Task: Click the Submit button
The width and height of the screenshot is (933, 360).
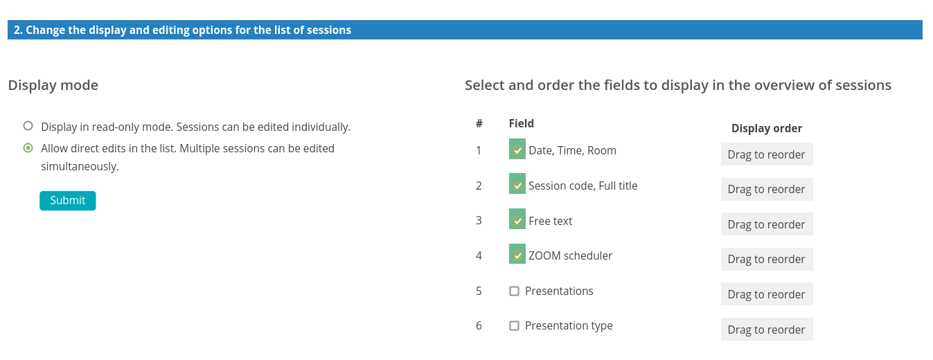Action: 67,201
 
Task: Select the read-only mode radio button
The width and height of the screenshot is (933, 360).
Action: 28,126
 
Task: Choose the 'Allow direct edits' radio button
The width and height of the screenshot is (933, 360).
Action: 28,147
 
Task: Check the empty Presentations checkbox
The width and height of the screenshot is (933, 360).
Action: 515,291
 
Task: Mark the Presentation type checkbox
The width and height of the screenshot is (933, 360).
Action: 515,325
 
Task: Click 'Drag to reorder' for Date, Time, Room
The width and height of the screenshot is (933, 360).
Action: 767,154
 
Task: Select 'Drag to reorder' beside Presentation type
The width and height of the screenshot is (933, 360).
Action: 767,330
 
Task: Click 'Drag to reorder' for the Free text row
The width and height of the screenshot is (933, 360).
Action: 767,224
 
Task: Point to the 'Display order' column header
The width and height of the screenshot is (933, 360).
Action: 767,128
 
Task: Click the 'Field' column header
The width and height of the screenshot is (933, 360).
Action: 521,124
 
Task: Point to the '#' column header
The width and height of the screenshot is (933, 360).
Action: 479,124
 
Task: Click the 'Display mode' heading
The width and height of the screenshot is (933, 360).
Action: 53,85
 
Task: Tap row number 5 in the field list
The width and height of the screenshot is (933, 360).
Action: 479,291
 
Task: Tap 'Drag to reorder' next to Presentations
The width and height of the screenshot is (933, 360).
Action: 767,294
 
